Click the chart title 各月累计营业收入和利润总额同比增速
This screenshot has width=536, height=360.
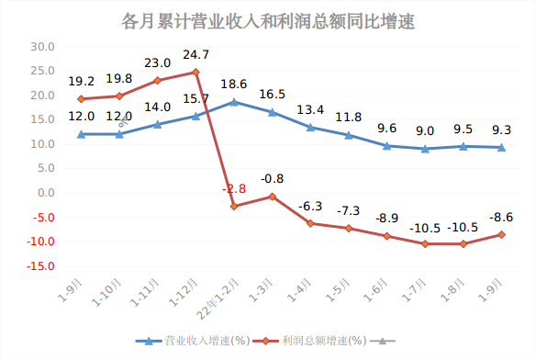268,21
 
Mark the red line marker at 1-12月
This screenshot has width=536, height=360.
195,72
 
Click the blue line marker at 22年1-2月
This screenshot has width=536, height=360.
234,102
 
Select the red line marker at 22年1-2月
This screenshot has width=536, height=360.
234,207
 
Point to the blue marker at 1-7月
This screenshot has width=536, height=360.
425,149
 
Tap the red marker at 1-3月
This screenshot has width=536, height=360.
273,197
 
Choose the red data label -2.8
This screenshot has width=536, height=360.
234,188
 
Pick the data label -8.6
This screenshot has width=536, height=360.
501,218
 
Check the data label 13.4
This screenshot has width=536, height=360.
311,110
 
